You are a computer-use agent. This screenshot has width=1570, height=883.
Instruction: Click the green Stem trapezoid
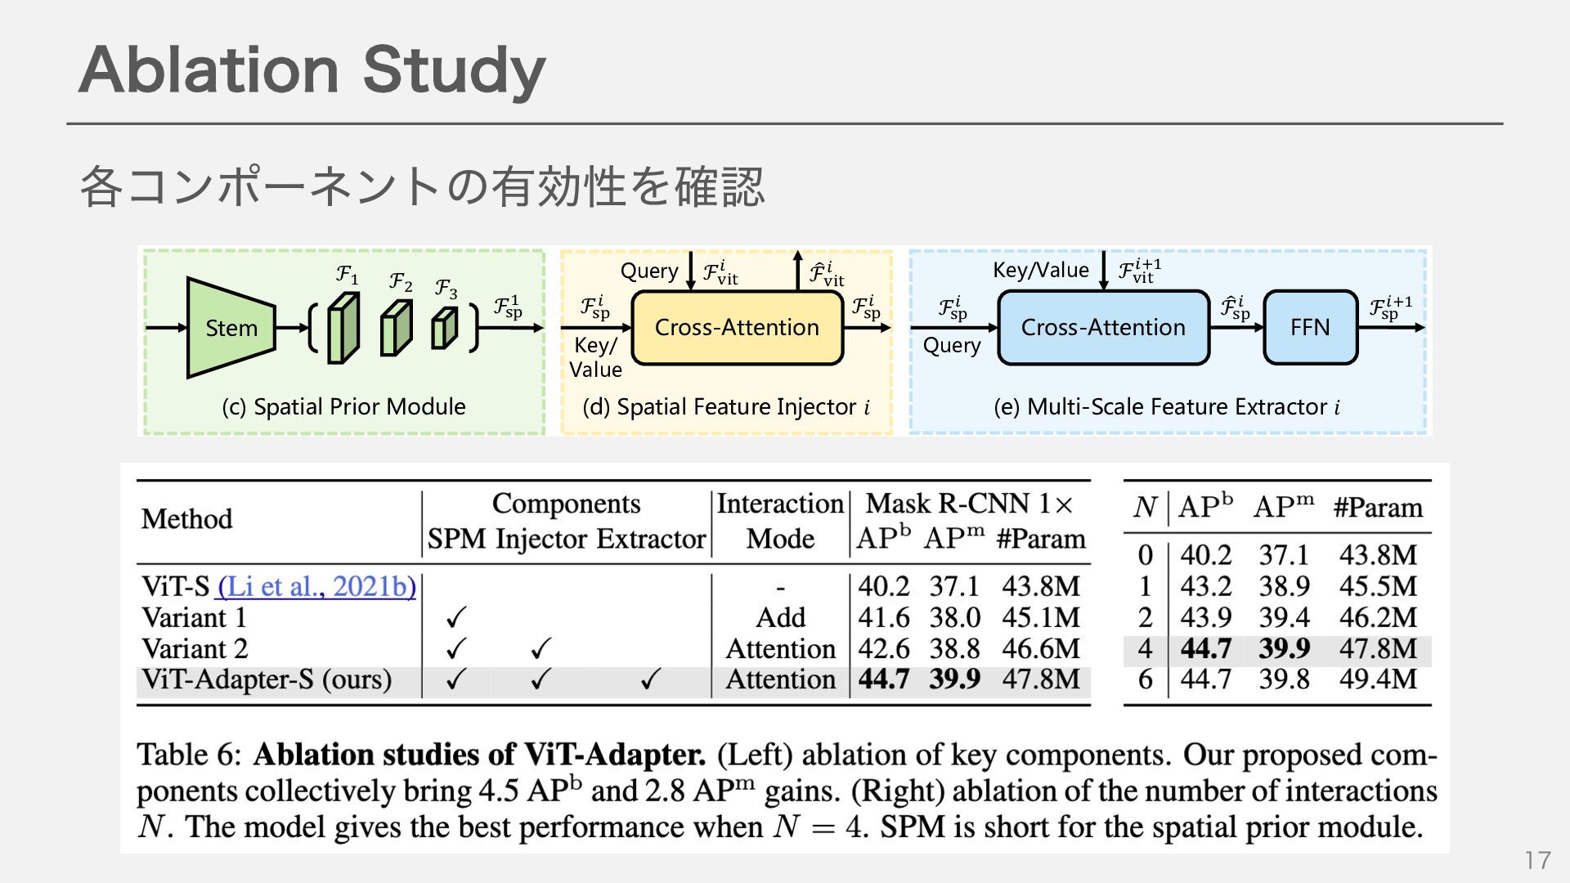pos(230,328)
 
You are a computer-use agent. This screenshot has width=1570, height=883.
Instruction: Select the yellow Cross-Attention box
pos(737,327)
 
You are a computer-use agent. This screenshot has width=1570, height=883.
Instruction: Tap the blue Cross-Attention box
pos(1102,327)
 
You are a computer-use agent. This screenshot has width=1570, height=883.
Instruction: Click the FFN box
pos(1309,327)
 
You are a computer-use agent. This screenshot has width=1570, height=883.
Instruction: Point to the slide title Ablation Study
pos(312,70)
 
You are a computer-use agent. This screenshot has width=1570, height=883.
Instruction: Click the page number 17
pos(1537,860)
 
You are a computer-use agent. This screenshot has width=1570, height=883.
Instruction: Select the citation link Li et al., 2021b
pos(317,586)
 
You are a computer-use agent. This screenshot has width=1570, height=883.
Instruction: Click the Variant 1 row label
pos(194,617)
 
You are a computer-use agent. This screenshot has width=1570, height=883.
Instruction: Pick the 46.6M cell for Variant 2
pos(1041,648)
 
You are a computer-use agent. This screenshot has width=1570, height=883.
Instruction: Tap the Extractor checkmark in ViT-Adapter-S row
pos(650,679)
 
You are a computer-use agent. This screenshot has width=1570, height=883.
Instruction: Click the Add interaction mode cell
pos(780,617)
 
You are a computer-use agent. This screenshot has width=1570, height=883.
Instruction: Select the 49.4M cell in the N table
pos(1378,679)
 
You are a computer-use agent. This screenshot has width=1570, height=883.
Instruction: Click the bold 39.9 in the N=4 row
pos(1284,648)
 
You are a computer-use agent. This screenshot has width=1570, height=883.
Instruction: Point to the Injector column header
pos(541,540)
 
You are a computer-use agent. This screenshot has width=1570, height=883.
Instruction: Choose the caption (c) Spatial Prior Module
pos(343,406)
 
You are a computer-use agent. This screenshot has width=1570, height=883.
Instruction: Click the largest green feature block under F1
pos(343,328)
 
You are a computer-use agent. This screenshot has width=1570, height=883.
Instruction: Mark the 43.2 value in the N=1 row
pos(1205,586)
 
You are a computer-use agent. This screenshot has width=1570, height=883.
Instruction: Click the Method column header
pos(186,519)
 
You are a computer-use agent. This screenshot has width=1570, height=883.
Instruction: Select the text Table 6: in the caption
pos(189,754)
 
